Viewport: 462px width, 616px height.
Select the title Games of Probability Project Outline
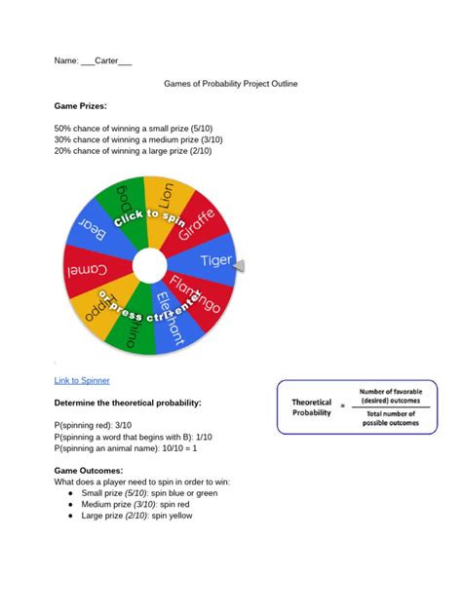pyautogui.click(x=230, y=84)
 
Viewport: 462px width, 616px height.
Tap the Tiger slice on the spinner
pyautogui.click(x=214, y=260)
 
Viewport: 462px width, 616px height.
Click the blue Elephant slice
pyautogui.click(x=172, y=323)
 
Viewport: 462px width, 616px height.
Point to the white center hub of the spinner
pyautogui.click(x=149, y=265)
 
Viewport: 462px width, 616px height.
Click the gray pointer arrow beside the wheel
pyautogui.click(x=240, y=265)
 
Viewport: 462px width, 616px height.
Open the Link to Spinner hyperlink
pyautogui.click(x=82, y=380)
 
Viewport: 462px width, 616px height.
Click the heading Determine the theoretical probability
pyautogui.click(x=127, y=403)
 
